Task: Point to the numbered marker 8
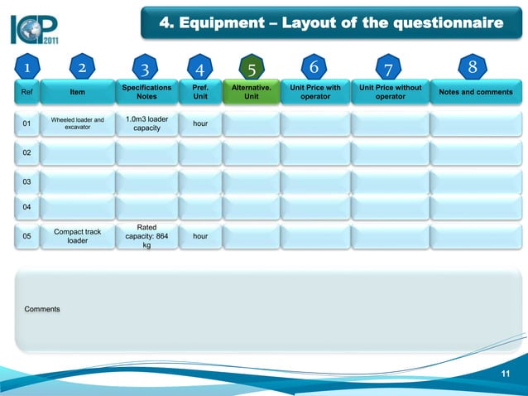coord(472,65)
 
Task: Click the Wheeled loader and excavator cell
coord(77,124)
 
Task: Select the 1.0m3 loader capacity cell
coord(146,124)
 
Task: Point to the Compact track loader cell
coord(77,236)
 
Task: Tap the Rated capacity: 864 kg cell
coord(146,236)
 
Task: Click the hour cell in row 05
coord(199,236)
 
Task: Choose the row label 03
coord(26,181)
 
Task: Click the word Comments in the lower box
coord(42,309)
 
